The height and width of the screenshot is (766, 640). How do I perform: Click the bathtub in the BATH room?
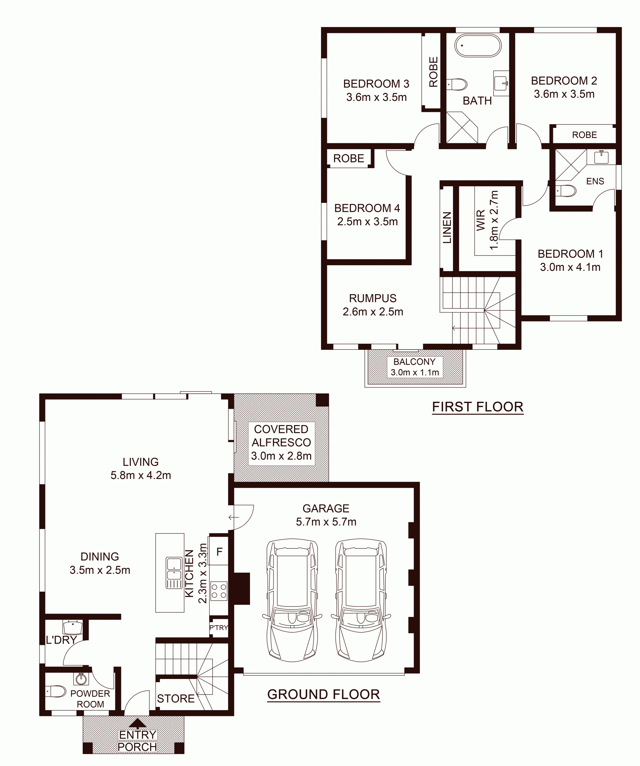[478, 45]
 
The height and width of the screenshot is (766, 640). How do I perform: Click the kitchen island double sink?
[174, 573]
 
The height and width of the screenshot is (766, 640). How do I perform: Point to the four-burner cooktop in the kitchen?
[219, 591]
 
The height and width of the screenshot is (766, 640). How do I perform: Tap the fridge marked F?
[219, 551]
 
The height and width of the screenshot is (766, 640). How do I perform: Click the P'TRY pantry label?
[219, 628]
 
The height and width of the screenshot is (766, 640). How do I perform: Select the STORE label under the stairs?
[176, 698]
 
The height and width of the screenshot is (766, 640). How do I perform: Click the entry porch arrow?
[137, 723]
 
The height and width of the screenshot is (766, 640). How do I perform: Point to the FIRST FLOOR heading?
[478, 407]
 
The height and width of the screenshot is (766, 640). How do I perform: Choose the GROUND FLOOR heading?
[324, 694]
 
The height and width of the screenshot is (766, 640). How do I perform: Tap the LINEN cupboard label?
[447, 227]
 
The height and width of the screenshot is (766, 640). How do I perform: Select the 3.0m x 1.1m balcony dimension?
[415, 373]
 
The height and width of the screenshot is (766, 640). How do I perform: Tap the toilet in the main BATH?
[457, 84]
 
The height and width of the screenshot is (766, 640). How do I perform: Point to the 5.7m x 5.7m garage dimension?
[326, 522]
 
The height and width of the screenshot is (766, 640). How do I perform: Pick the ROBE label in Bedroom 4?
[349, 158]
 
